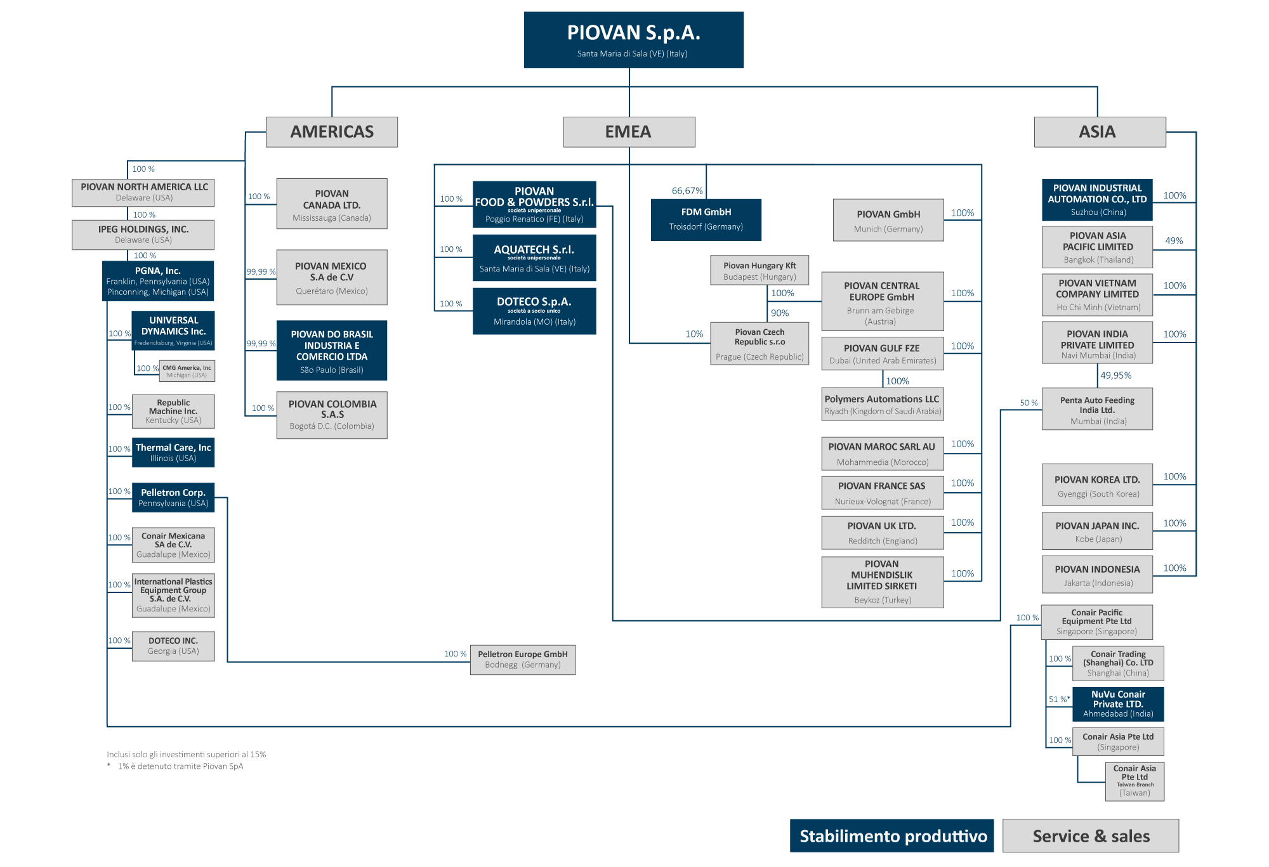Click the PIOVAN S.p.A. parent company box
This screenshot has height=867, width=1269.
(x=633, y=39)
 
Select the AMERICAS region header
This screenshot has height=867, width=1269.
(x=332, y=132)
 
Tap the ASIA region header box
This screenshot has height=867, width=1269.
(x=1100, y=132)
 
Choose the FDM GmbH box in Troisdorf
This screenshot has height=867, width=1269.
(x=706, y=219)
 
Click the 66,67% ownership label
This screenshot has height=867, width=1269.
(x=687, y=191)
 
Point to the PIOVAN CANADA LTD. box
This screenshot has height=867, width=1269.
(x=332, y=204)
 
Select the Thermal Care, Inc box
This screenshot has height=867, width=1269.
(x=173, y=452)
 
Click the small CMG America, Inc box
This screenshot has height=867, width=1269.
(x=187, y=371)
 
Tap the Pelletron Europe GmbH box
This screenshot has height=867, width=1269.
(x=523, y=660)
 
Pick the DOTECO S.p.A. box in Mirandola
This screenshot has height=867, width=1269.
(x=534, y=311)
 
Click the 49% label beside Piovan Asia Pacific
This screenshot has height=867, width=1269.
(x=1174, y=241)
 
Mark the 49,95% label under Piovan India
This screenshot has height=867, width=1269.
(x=1115, y=375)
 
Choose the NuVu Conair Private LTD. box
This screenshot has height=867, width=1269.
(x=1118, y=704)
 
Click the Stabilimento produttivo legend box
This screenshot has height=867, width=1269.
(x=891, y=836)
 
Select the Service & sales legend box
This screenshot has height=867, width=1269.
(x=1091, y=836)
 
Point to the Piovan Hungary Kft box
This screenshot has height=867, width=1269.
(x=759, y=271)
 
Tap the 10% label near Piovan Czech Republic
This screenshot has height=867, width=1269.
(x=694, y=334)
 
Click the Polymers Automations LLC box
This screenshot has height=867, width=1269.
(x=882, y=405)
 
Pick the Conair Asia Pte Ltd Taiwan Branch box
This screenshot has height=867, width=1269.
(x=1134, y=781)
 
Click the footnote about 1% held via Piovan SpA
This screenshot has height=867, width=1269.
(x=180, y=766)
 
